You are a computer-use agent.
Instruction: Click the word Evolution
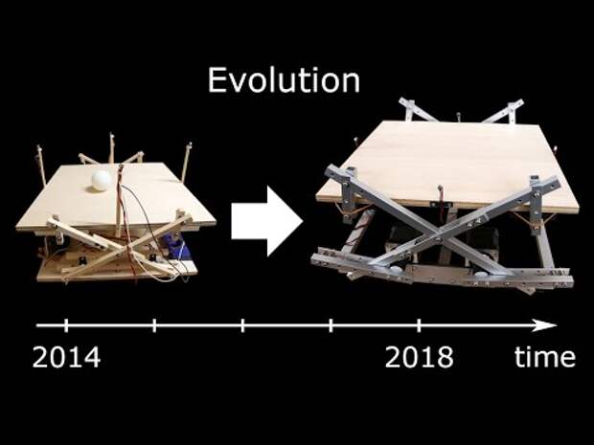284,79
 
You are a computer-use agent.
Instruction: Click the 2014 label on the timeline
67,357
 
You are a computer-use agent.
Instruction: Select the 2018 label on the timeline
419,357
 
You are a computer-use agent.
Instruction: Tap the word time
545,356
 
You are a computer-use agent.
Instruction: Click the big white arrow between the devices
267,221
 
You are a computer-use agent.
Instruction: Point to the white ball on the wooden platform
102,181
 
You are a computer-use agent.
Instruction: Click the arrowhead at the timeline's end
545,325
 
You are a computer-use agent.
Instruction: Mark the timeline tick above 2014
66,325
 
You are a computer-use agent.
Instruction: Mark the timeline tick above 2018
419,325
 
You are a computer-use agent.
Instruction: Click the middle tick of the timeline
242,325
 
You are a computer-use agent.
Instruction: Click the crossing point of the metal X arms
439,239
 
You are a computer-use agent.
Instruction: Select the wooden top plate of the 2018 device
447,167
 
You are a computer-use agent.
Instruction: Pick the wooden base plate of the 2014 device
118,271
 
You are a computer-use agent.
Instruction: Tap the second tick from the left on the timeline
154,325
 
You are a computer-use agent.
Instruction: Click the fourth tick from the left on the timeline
331,325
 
